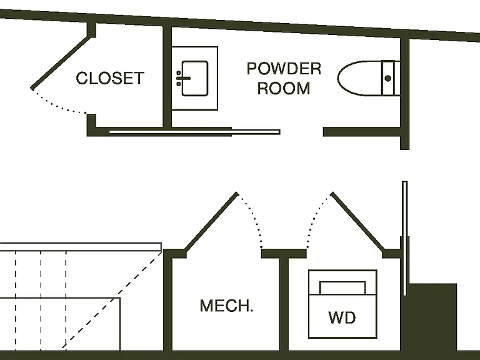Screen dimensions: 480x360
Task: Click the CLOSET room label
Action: pyautogui.click(x=110, y=78)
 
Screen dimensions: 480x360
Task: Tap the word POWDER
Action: pyautogui.click(x=284, y=69)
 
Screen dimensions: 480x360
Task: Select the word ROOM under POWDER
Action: pyautogui.click(x=284, y=88)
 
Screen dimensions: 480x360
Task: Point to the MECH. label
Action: pyautogui.click(x=226, y=306)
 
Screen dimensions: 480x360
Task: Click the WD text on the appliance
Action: pyautogui.click(x=342, y=317)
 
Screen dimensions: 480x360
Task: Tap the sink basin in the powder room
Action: pyautogui.click(x=195, y=78)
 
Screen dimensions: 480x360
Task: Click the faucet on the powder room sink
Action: pyautogui.click(x=182, y=78)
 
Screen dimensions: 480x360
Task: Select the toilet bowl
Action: pyautogui.click(x=360, y=78)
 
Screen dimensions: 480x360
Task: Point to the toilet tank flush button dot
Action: pyautogui.click(x=388, y=78)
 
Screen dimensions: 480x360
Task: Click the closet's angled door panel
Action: pyautogui.click(x=61, y=62)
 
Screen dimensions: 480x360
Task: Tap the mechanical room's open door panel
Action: pyautogui.click(x=211, y=222)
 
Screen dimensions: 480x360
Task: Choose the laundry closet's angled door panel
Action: pyautogui.click(x=357, y=222)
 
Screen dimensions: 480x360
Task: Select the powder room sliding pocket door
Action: pyautogui.click(x=195, y=132)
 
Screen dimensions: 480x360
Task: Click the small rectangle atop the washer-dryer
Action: pyautogui.click(x=342, y=287)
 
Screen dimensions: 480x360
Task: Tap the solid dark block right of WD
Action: pyautogui.click(x=432, y=317)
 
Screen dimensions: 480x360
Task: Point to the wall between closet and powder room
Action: pyautogui.click(x=167, y=76)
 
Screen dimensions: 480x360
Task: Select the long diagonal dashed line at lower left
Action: pyautogui.click(x=112, y=299)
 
